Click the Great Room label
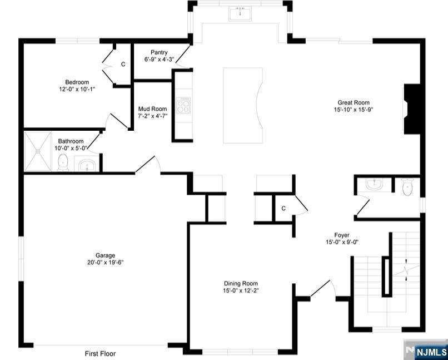(354, 102)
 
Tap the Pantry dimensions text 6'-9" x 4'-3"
(159, 60)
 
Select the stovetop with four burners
(183, 106)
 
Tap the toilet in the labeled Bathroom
(63, 162)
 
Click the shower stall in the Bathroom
(37, 151)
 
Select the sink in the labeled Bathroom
(87, 165)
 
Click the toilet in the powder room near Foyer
(407, 187)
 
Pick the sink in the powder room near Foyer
(375, 185)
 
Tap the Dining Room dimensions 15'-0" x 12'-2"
(241, 291)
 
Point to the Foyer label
(342, 235)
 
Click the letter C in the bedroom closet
(123, 65)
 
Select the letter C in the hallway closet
(283, 209)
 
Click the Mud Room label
(152, 109)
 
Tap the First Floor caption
(100, 354)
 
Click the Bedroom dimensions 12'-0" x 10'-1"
(77, 89)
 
